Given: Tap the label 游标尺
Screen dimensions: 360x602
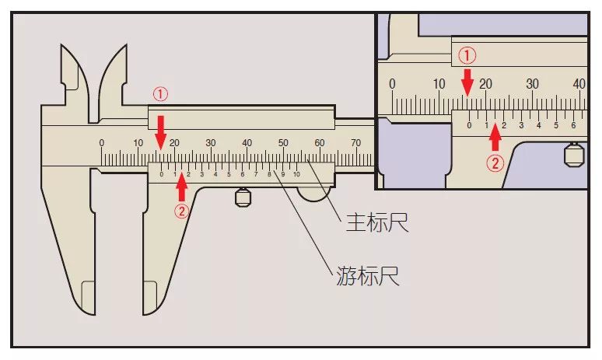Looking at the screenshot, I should (368, 275).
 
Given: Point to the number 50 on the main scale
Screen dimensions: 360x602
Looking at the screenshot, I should (283, 143).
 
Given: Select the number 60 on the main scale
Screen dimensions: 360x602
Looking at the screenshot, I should (320, 143).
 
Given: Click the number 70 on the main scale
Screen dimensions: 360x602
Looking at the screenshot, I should (356, 143).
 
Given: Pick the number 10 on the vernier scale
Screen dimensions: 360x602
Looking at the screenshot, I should (296, 174).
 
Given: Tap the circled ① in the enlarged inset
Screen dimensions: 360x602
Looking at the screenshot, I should (467, 55).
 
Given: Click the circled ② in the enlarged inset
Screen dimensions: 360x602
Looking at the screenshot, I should (495, 163).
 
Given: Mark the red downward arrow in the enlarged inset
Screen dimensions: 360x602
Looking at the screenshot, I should (467, 82).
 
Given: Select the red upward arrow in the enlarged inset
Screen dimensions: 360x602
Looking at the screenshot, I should (495, 138).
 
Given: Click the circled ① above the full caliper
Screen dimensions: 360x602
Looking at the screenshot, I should (159, 94).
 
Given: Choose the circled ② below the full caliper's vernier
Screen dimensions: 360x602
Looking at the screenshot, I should (181, 211).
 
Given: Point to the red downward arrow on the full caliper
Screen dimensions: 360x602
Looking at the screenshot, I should (160, 128).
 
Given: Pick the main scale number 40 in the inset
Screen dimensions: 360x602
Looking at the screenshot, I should (579, 84).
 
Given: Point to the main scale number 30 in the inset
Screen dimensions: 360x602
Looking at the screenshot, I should (533, 84).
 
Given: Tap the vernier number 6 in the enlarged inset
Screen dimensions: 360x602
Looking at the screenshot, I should (573, 125).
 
